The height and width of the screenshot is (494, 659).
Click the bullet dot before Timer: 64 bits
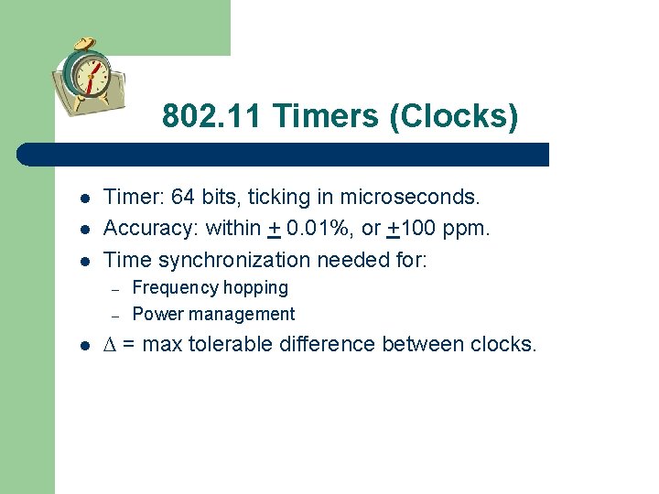pos(83,198)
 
